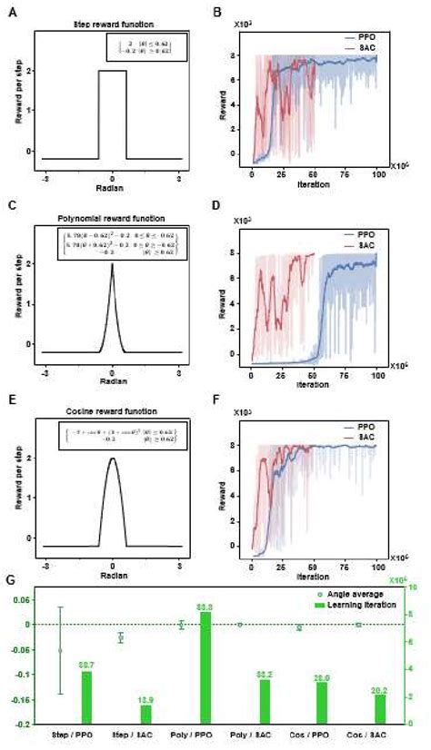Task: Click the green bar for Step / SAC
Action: pyautogui.click(x=145, y=714)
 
